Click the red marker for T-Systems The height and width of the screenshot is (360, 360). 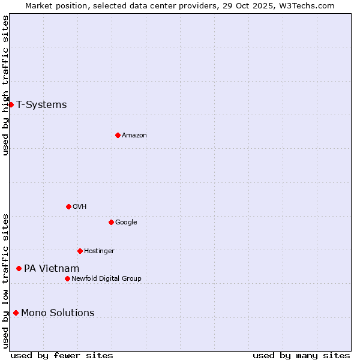[x=11, y=105]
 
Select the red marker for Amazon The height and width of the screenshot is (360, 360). [x=118, y=135]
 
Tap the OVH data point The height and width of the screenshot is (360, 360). [x=68, y=206]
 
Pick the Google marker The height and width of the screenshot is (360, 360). [x=111, y=222]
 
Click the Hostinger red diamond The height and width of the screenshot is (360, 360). [x=80, y=251]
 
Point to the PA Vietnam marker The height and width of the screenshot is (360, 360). [x=19, y=268]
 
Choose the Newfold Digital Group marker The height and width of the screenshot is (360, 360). [x=67, y=278]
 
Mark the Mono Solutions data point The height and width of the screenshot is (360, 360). [x=16, y=313]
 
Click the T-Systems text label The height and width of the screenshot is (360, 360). [x=41, y=105]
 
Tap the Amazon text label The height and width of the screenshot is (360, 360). [x=134, y=136]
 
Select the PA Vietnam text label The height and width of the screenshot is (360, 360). [x=52, y=269]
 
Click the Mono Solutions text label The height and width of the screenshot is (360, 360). [x=58, y=313]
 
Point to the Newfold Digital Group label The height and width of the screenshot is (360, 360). [x=106, y=278]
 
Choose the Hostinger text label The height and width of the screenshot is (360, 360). [x=99, y=251]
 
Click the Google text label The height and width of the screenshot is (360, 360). [x=126, y=223]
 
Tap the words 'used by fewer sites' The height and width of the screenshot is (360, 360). [x=62, y=355]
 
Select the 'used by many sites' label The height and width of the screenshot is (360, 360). [x=301, y=355]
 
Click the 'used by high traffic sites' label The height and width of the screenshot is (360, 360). [x=5, y=85]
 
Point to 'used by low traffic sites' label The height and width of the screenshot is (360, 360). [x=5, y=281]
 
